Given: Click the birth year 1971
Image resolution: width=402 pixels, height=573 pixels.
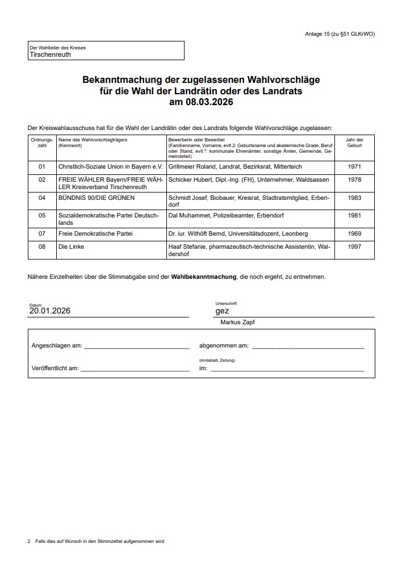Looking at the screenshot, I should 354,167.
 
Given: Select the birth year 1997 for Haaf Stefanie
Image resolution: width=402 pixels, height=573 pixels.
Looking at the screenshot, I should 354,247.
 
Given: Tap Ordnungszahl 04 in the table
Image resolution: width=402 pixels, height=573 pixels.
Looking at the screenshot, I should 41,198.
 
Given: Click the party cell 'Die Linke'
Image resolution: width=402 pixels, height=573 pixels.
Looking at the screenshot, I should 72,247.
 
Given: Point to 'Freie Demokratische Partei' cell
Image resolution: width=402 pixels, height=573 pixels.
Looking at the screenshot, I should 95,233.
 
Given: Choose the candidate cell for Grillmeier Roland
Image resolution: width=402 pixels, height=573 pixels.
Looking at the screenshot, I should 235,167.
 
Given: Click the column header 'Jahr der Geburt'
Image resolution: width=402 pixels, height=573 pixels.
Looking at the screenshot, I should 354,143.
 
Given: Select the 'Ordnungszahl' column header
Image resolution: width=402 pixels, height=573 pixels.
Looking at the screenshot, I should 41,143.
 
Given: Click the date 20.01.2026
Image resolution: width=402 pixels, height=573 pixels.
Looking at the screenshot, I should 50,311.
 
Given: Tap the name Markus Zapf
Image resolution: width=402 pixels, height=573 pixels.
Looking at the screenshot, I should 238,323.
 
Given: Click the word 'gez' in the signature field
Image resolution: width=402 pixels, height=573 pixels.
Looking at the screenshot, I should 222,311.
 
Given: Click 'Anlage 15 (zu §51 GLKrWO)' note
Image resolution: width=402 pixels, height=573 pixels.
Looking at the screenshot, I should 340,35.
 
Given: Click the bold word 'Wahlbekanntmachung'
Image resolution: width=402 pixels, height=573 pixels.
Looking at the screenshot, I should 203,277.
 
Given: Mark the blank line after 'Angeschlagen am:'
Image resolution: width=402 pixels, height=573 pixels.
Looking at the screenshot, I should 136,346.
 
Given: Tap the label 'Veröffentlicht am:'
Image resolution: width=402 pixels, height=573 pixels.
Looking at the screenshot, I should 55,368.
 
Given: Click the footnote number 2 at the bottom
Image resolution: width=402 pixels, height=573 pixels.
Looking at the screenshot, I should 29,541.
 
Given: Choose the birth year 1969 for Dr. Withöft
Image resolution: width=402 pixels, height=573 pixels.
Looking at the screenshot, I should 354,233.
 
